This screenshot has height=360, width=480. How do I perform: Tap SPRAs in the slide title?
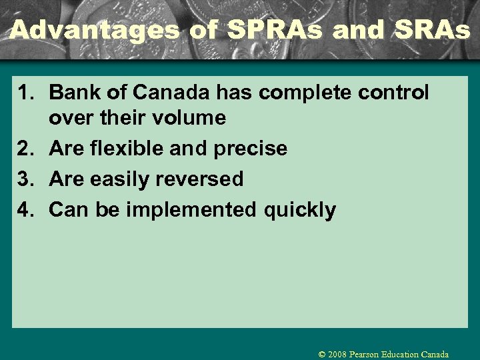pyautogui.click(x=263, y=30)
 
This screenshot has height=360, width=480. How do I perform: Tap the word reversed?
pyautogui.click(x=200, y=179)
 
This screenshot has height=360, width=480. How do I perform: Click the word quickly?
pyautogui.click(x=300, y=210)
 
